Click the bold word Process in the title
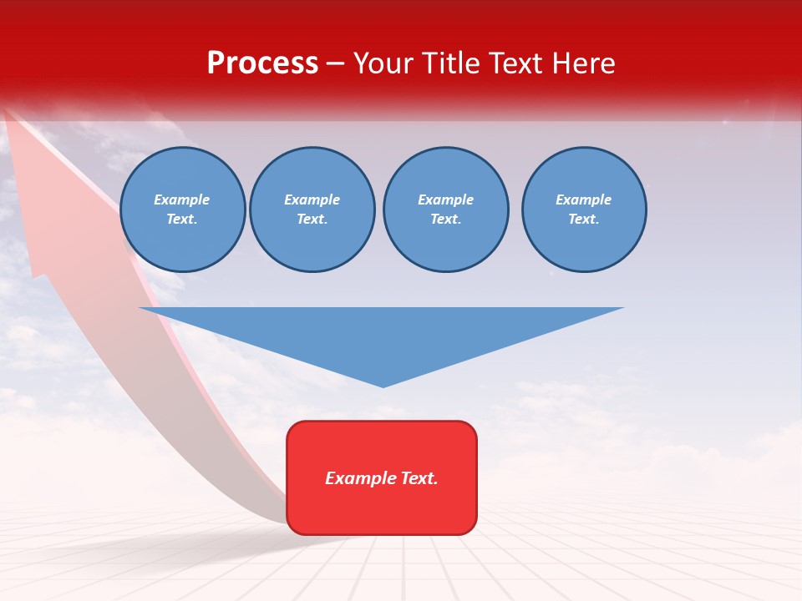[262, 63]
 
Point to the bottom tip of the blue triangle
[383, 386]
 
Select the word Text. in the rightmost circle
[583, 220]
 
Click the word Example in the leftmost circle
[182, 200]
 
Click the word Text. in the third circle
[445, 220]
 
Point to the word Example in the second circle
[312, 200]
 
